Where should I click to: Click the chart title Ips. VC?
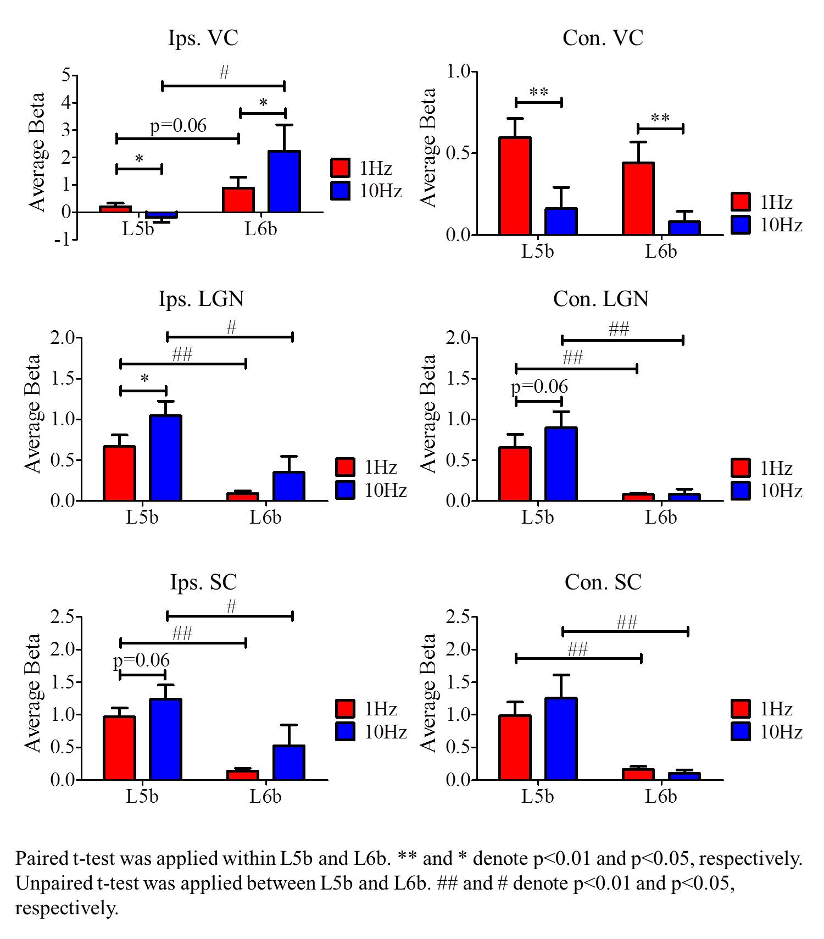tap(203, 38)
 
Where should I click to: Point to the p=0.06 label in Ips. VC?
tap(178, 126)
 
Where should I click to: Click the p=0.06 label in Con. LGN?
tap(539, 387)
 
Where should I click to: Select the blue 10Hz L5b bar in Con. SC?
tap(561, 738)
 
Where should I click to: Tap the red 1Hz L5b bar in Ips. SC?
tap(119, 748)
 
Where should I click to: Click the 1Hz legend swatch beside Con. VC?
tap(741, 202)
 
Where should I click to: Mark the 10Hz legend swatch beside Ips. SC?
tap(345, 731)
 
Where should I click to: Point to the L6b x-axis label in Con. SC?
tap(660, 796)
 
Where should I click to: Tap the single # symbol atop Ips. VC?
tap(224, 72)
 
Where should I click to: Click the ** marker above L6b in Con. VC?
tap(660, 118)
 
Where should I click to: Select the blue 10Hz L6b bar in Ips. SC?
tap(288, 762)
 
